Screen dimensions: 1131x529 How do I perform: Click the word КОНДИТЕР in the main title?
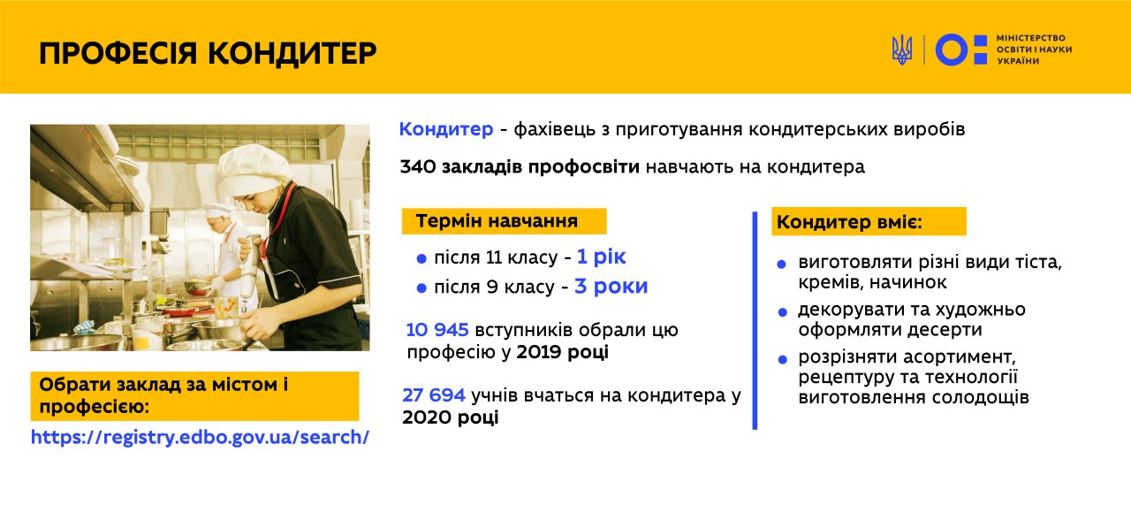(x=292, y=53)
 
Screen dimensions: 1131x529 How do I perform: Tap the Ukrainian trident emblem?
(x=902, y=50)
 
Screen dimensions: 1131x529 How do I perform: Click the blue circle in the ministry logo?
(x=952, y=50)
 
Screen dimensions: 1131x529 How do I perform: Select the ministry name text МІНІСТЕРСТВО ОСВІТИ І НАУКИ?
(x=1034, y=43)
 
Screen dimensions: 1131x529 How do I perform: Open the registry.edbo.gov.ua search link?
(x=200, y=437)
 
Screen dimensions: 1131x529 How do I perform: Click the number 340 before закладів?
(x=418, y=166)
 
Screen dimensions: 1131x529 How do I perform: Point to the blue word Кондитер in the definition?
(x=446, y=129)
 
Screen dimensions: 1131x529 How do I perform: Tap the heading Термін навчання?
(x=497, y=221)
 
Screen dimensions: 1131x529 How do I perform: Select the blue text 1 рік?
(x=602, y=257)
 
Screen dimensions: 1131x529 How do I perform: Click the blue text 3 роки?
(x=611, y=287)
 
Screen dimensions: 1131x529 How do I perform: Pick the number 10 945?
(x=437, y=330)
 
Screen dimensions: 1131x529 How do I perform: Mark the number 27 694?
(x=434, y=395)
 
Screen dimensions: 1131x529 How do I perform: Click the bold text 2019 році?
(x=563, y=352)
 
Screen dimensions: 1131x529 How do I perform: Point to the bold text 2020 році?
(x=451, y=418)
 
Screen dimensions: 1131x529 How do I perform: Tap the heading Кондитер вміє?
(x=849, y=222)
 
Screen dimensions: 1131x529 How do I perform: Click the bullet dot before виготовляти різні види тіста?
(x=782, y=264)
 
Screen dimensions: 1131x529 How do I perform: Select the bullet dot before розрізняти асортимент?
(x=783, y=359)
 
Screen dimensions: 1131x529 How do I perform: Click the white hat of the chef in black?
(x=255, y=168)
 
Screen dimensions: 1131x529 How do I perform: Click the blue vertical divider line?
(x=755, y=320)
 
